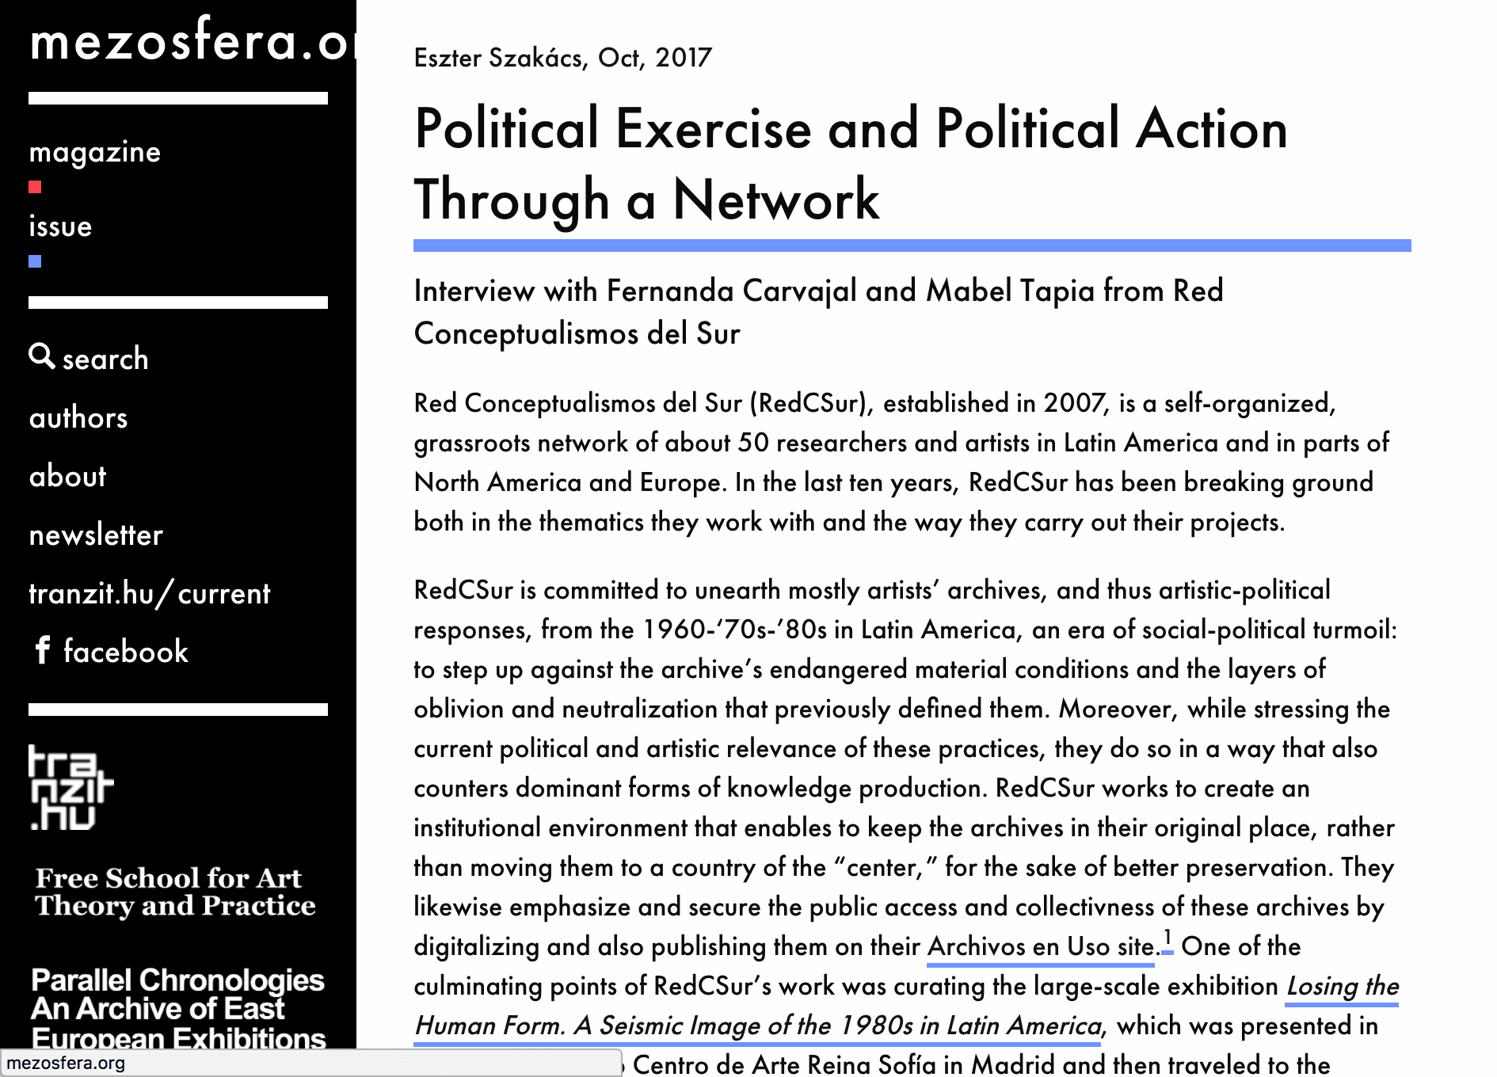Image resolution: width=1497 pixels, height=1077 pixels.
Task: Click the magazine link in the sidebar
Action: point(95,152)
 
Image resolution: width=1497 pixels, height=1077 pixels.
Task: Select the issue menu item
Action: point(60,226)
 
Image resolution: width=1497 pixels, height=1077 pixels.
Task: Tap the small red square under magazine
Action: point(35,188)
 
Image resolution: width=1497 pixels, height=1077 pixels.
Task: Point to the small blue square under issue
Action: point(35,262)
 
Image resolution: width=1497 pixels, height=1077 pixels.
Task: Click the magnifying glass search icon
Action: point(41,356)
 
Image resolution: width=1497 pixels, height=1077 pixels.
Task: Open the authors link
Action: point(78,418)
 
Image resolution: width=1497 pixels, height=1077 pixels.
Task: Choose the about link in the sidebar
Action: point(67,477)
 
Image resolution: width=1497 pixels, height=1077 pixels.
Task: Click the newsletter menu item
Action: point(96,535)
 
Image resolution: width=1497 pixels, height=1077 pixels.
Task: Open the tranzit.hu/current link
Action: point(150,594)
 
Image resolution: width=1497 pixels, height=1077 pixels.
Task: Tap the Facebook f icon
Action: point(43,651)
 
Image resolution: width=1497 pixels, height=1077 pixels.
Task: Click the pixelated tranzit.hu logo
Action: point(70,788)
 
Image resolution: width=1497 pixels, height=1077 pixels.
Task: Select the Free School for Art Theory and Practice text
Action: point(175,892)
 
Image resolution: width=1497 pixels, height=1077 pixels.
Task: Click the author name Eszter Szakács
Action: point(497,58)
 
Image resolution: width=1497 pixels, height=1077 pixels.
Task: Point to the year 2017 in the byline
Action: point(684,58)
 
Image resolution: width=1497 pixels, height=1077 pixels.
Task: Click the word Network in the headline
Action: point(776,200)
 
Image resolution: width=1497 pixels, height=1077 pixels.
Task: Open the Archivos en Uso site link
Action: point(1041,947)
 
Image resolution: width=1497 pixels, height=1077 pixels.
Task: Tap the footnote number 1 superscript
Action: point(1168,941)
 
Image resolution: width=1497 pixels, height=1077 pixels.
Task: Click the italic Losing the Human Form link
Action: point(757,1026)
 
